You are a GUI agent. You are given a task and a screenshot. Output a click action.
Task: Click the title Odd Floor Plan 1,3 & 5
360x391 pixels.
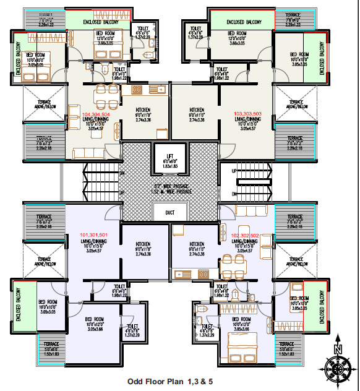point(170,382)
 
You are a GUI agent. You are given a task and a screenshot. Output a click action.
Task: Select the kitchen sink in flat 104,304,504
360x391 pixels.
point(160,90)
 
